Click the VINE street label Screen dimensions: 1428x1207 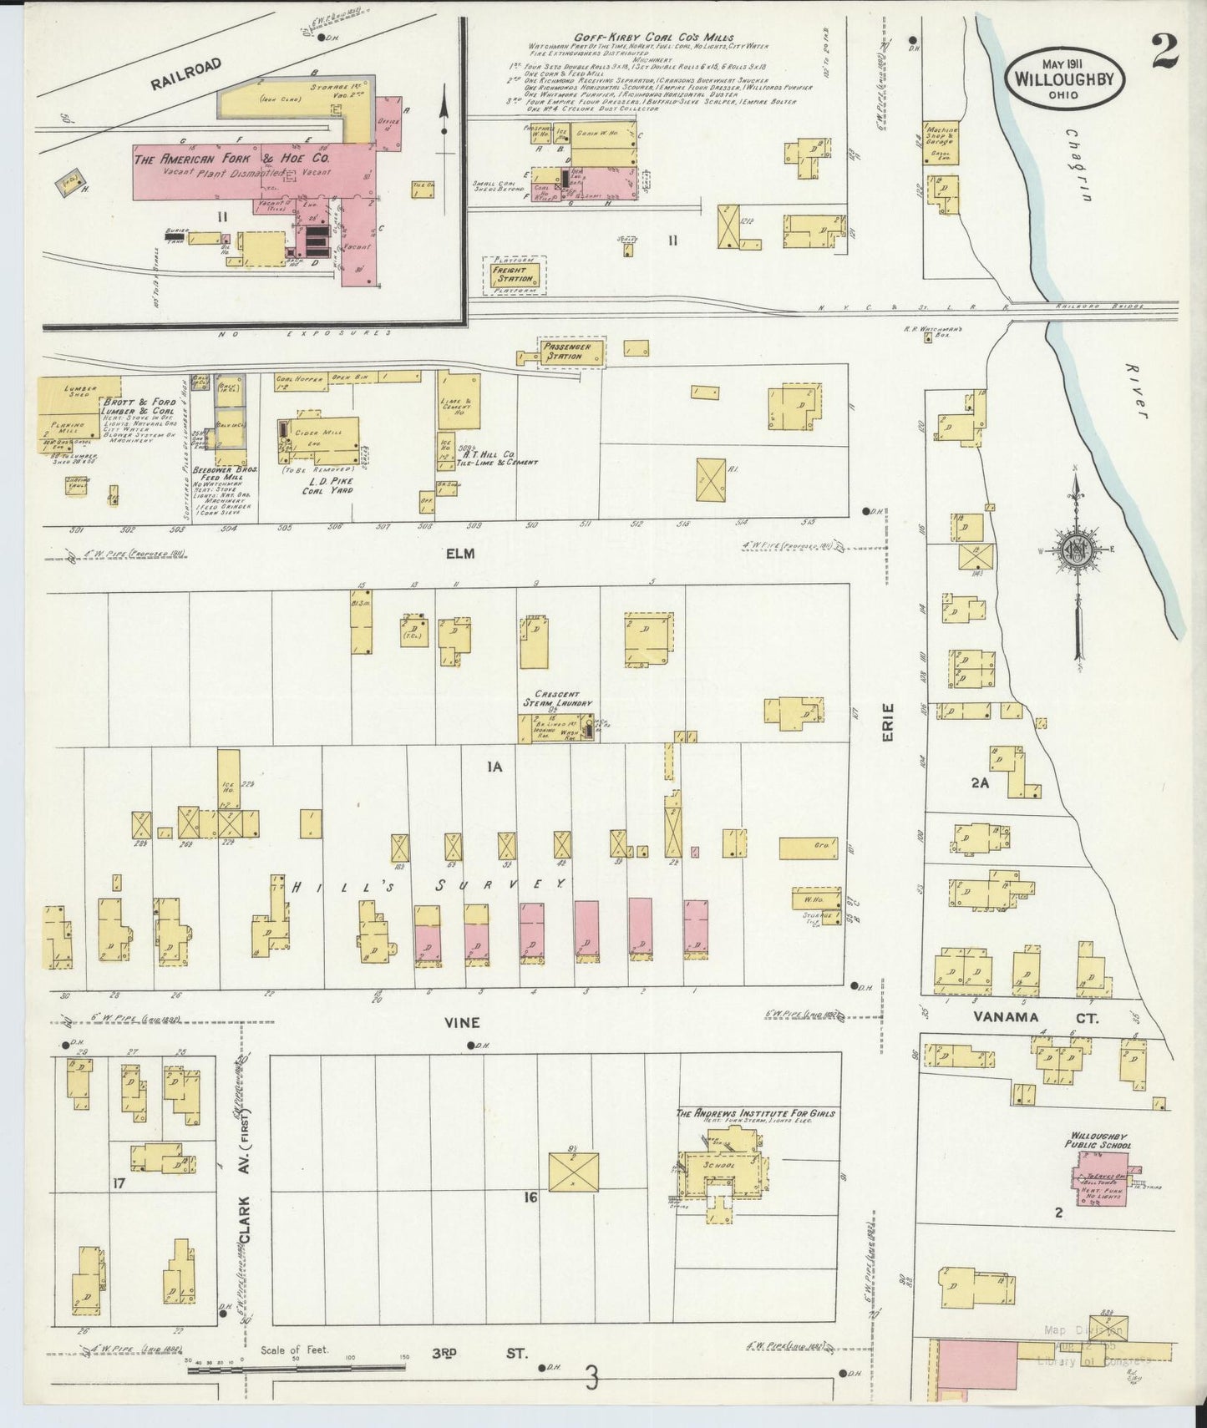tap(461, 1022)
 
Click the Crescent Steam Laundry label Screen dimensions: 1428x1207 tap(557, 699)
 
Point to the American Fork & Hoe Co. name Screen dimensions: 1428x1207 tap(232, 158)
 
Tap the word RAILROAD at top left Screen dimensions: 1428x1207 tap(187, 73)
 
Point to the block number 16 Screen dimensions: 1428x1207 tap(530, 1198)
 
